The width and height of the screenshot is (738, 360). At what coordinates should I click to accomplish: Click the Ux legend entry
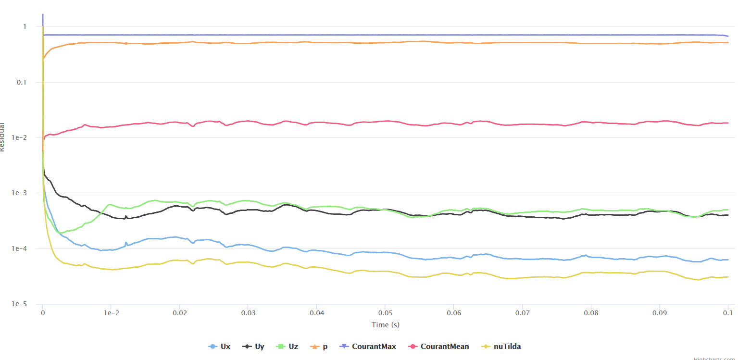point(220,346)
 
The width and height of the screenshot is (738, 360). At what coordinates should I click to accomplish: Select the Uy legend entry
point(254,346)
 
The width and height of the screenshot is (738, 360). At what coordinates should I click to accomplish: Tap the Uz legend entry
point(288,346)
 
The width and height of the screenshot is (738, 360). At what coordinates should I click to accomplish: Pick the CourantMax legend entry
point(368,346)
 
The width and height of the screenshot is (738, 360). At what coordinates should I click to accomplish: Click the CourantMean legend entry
point(439,346)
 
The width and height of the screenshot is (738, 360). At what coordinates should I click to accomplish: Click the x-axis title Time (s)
point(385,325)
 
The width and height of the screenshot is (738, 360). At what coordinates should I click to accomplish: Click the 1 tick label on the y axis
point(25,26)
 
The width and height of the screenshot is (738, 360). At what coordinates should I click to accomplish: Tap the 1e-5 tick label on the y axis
point(19,304)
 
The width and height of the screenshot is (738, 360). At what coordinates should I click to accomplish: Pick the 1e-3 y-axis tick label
point(19,193)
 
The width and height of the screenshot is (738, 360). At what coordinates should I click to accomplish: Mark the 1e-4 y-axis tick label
point(19,248)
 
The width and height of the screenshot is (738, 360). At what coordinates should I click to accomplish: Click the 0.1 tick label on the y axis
point(22,82)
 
